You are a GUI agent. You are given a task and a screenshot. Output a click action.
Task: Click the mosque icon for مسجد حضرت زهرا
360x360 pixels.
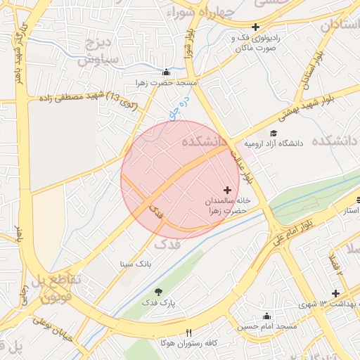pyautogui.click(x=166, y=71)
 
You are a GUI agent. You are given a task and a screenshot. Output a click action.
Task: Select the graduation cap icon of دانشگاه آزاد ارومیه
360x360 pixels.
pyautogui.click(x=273, y=133)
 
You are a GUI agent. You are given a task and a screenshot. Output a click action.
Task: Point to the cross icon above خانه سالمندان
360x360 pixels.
pyautogui.click(x=227, y=190)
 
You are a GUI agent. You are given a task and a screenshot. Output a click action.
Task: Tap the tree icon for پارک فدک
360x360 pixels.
pyautogui.click(x=157, y=291)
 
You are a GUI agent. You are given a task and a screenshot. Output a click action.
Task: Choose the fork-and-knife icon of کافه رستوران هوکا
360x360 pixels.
pyautogui.click(x=188, y=333)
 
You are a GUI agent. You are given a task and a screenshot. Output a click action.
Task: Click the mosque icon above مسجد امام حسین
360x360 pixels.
pyautogui.click(x=266, y=316)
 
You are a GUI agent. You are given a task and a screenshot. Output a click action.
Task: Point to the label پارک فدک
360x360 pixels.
pyautogui.click(x=157, y=302)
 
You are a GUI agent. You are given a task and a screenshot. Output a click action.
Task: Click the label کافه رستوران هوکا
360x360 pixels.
pyautogui.click(x=162, y=344)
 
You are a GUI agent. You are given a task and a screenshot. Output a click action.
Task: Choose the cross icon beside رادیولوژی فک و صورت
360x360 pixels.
pyautogui.click(x=256, y=27)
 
